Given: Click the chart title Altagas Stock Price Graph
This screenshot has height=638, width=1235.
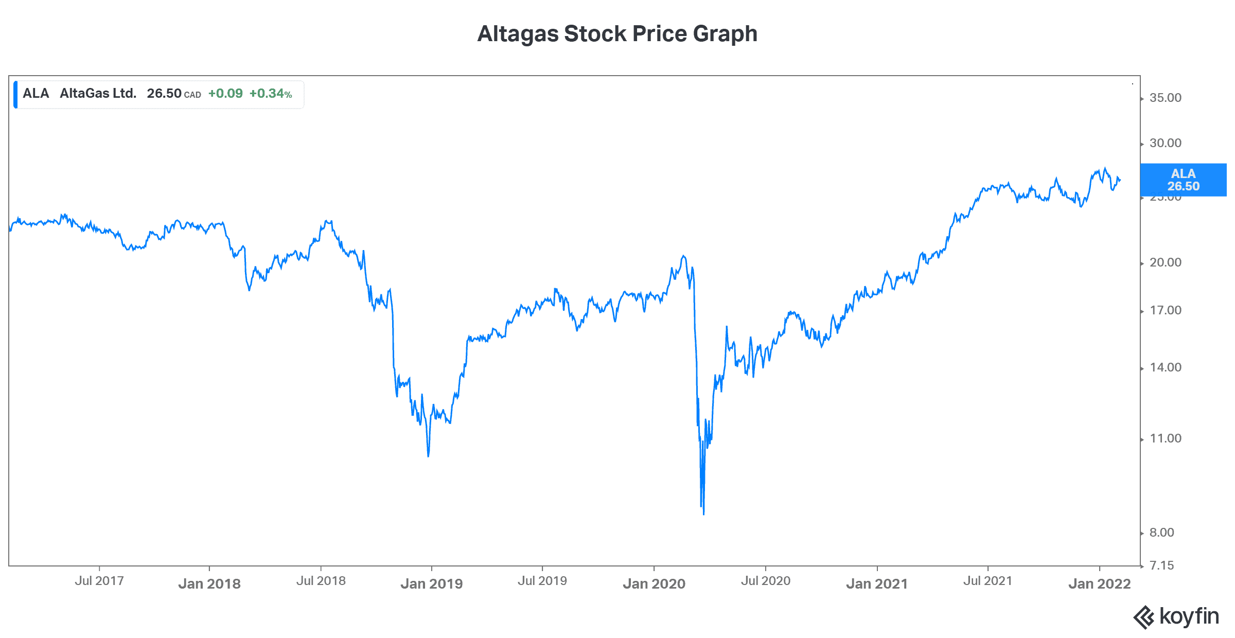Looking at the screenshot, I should coord(617,34).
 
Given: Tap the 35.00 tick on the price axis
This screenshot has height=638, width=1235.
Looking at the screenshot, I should coord(1165,98).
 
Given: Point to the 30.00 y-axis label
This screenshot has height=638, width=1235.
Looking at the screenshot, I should coord(1165,143).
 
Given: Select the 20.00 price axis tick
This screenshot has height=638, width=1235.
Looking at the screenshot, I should coord(1165,262).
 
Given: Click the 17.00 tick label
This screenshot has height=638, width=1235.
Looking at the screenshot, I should coord(1165,310).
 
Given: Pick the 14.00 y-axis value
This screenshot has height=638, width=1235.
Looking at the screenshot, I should coord(1165,367).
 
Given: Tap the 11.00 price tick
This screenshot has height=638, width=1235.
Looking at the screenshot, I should coord(1165,438).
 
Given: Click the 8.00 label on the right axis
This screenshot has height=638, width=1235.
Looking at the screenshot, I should coord(1161,533).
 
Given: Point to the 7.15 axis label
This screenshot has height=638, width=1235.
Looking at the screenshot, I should coord(1161,565).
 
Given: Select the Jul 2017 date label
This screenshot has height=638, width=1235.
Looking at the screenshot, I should coord(99,581).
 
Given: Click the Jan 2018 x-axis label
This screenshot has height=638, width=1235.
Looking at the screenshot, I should coord(209,583).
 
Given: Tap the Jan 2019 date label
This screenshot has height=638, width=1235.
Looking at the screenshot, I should coord(432,583).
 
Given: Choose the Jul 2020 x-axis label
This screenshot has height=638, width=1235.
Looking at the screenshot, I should coord(765,581).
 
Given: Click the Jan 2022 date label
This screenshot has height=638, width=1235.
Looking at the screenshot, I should coord(1100,583).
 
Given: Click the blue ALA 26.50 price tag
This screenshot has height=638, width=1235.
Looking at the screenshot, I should coord(1183,180).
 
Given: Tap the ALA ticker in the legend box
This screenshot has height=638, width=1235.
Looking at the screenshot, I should coord(36,94).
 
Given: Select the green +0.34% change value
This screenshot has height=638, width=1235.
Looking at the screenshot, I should coord(271,94).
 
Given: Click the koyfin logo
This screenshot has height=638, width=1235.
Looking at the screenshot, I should coord(1176,617).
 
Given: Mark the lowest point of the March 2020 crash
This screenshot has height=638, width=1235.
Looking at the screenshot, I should coord(703,513).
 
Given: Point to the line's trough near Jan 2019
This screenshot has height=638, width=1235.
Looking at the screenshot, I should coord(428,456).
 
